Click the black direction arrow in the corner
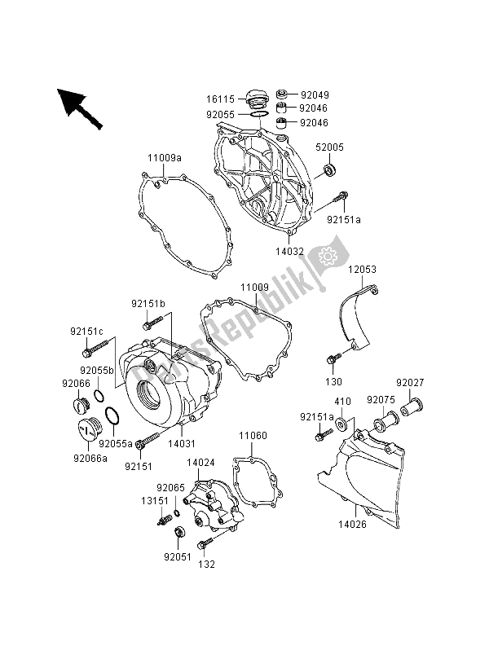tap(80, 107)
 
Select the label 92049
tap(315, 94)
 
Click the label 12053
tap(363, 268)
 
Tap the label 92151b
tap(148, 304)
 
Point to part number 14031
tap(181, 445)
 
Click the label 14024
tap(201, 462)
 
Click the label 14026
tap(364, 526)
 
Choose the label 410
tap(342, 402)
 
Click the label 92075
tap(379, 401)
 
